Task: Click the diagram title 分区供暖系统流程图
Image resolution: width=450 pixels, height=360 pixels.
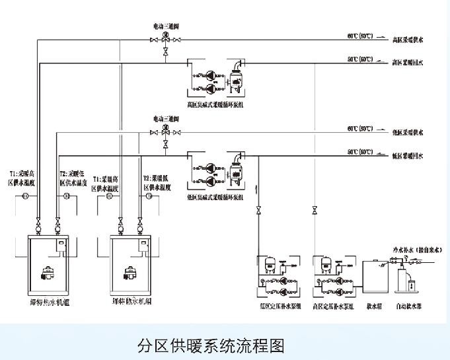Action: click(211, 345)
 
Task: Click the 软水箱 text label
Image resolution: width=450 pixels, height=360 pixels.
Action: click(375, 306)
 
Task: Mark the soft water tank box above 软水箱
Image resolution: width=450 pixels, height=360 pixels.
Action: click(375, 277)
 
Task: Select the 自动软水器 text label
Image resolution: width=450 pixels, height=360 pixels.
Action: click(410, 306)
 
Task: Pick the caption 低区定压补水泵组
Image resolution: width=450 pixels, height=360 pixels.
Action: click(277, 306)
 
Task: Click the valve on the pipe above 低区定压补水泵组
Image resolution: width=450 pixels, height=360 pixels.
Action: click(258, 211)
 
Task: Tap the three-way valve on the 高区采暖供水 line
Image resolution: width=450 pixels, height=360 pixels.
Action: click(166, 40)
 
